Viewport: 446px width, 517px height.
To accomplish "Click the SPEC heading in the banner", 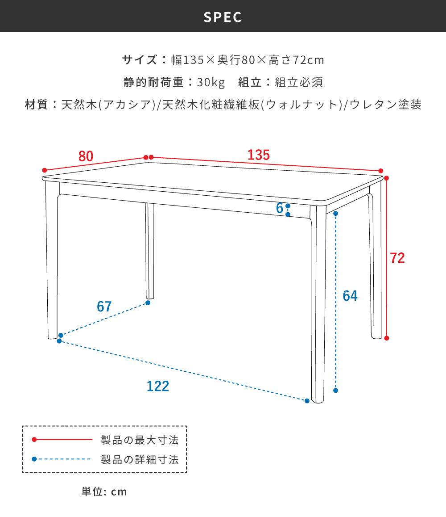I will click(x=223, y=17).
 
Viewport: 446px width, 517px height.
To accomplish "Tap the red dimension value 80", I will click(x=86, y=156).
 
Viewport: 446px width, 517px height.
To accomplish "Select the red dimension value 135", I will click(x=259, y=155).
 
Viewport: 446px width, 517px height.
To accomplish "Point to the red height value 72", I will click(x=397, y=258).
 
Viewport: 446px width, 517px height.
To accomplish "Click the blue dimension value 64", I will click(x=350, y=296).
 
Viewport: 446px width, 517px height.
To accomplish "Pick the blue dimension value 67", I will click(x=104, y=307).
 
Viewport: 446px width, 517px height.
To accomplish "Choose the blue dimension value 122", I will click(x=158, y=386).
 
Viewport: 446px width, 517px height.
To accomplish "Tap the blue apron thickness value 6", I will click(x=280, y=208).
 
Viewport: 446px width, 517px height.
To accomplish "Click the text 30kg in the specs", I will click(x=211, y=83).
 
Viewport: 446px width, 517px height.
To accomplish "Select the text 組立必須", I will click(x=299, y=83).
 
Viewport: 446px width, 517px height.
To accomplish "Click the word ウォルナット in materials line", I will click(x=301, y=105).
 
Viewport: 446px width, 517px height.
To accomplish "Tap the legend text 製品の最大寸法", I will click(x=140, y=440).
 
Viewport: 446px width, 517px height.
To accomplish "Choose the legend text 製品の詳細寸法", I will click(x=140, y=459).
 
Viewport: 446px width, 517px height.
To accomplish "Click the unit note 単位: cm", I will click(x=104, y=492).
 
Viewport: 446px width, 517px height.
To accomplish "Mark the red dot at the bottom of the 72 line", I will click(x=387, y=338).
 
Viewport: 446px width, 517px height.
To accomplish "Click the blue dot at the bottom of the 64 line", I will click(x=336, y=391).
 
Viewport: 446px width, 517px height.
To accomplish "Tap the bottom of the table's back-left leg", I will click(x=150, y=297).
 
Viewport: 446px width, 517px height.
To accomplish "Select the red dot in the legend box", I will click(x=34, y=440).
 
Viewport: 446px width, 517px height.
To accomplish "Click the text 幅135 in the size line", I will click(x=184, y=60).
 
